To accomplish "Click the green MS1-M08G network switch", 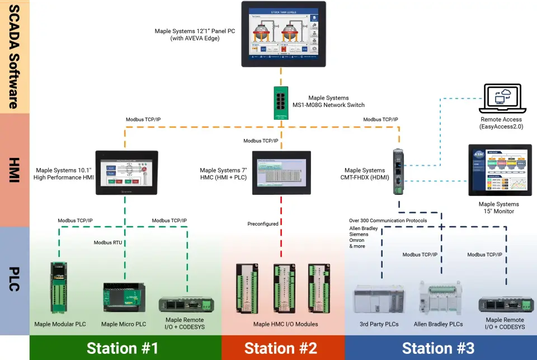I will [281, 102].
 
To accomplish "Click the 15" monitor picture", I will [500, 170].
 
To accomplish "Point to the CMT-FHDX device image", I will [398, 171].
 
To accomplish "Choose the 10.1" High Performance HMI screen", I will [126, 172].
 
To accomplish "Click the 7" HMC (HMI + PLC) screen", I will [281, 172].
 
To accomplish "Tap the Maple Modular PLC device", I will [59, 287].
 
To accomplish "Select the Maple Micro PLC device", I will [124, 297].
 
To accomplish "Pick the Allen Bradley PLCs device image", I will [441, 297].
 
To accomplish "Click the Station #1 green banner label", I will [123, 348].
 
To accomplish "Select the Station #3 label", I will [438, 348].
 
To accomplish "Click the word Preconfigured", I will [263, 224].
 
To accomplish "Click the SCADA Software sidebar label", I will [15, 56].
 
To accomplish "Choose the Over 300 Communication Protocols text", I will [388, 221].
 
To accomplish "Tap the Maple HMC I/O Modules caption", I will [285, 324].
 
